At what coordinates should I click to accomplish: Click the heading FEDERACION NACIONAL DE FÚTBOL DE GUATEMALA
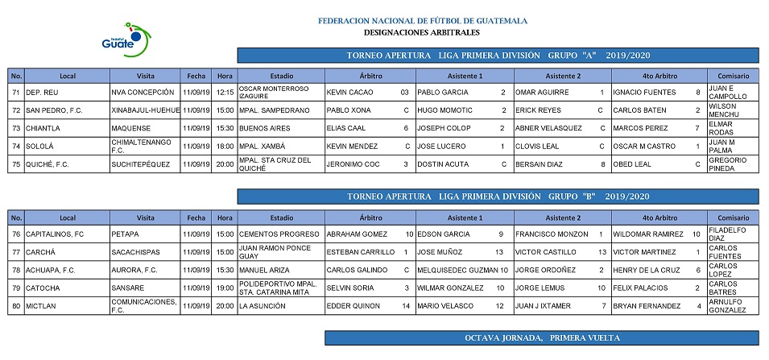click(x=422, y=21)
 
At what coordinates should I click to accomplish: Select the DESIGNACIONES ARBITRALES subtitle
click(x=422, y=33)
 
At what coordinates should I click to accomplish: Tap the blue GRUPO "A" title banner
click(x=498, y=56)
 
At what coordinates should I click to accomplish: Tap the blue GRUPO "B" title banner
click(x=498, y=197)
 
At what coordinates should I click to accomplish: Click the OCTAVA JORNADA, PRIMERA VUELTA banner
click(x=541, y=337)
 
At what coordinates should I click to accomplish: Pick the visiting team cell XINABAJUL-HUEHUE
click(x=145, y=110)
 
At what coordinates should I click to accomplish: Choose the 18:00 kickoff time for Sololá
click(x=225, y=147)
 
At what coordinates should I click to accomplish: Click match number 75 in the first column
click(x=15, y=164)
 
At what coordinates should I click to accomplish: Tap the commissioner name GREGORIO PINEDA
click(x=728, y=164)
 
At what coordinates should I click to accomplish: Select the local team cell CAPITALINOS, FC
click(x=55, y=234)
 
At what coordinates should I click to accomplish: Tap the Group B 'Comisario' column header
click(x=732, y=217)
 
